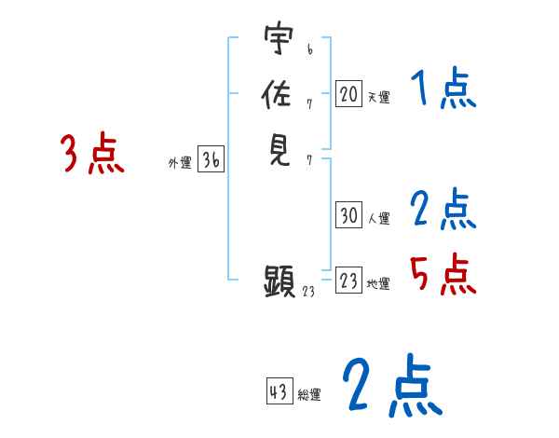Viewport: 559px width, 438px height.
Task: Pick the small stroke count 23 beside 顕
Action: pos(310,292)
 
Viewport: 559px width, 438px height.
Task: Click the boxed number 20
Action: pos(348,93)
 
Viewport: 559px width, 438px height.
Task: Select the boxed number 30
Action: pos(348,215)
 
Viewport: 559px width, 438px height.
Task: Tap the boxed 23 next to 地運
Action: pos(348,281)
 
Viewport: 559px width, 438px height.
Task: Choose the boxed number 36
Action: pos(211,160)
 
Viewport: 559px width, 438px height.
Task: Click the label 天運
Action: pos(377,97)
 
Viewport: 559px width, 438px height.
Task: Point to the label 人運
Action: pos(378,219)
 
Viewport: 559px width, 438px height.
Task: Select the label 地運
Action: pos(378,284)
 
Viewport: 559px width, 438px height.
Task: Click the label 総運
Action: pos(308,395)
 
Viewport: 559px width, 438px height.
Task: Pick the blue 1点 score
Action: pos(442,90)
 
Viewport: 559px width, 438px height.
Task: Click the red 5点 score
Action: pos(442,274)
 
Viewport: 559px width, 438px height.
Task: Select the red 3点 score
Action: pos(92,154)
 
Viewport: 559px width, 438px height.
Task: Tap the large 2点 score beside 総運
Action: pos(390,386)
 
